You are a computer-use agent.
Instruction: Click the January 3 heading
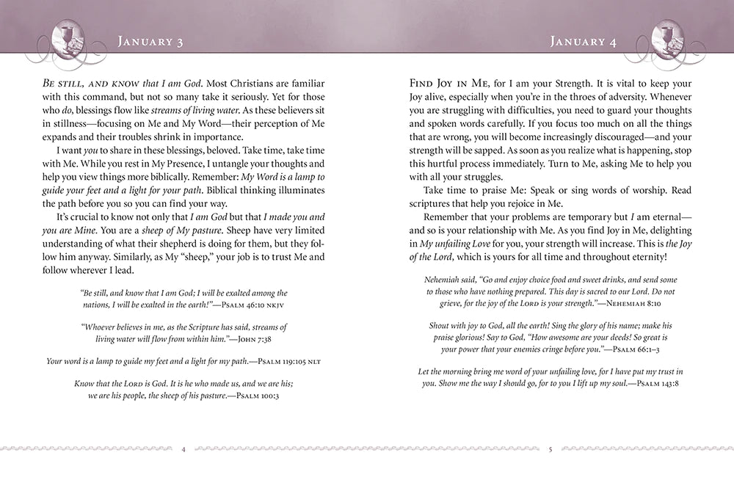pyautogui.click(x=150, y=41)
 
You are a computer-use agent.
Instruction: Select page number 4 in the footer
pyautogui.click(x=183, y=449)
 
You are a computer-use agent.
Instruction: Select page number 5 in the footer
pyautogui.click(x=550, y=449)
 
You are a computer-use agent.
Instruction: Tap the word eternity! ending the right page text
pyautogui.click(x=648, y=256)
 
